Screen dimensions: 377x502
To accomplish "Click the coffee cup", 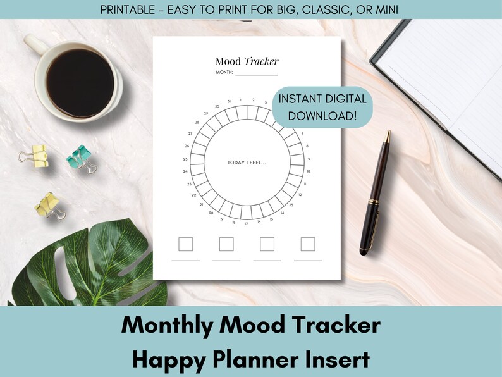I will [x=79, y=82].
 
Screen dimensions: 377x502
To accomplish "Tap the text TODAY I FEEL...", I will [x=247, y=163].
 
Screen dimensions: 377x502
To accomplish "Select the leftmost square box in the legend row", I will [x=185, y=244].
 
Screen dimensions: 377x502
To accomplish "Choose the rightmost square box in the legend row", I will [x=308, y=244].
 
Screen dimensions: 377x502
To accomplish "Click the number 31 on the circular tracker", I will [x=229, y=101].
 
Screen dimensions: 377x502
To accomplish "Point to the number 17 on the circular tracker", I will [x=246, y=224].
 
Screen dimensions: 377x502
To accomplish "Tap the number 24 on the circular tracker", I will [x=185, y=171].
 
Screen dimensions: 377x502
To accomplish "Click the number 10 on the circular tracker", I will [x=308, y=171].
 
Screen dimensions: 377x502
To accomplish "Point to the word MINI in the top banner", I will [x=387, y=9].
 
